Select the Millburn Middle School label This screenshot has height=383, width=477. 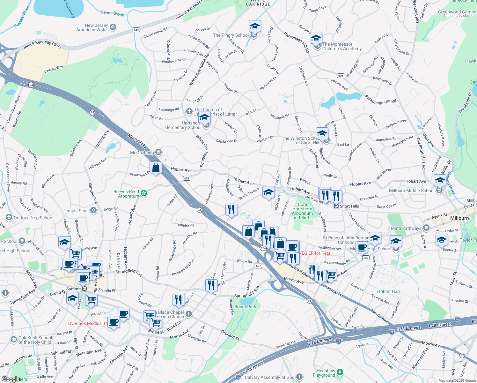pyautogui.click(x=412, y=191)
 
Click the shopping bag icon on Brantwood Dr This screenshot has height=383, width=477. pyautogui.click(x=156, y=168)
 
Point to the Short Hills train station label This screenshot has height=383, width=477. pyautogui.click(x=349, y=206)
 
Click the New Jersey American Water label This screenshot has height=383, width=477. pyautogui.click(x=92, y=27)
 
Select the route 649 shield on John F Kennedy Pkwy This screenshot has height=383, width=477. pyautogui.click(x=136, y=30)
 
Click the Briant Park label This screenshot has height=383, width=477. pyautogui.click(x=245, y=307)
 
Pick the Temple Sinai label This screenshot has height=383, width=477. pyautogui.click(x=76, y=211)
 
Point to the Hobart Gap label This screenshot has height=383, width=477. pyautogui.click(x=388, y=291)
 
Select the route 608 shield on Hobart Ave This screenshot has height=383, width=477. pyautogui.click(x=187, y=178)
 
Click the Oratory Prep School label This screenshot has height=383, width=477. pyautogui.click(x=33, y=218)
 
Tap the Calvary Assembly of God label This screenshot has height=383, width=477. pyautogui.click(x=269, y=377)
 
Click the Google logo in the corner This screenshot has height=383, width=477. pyautogui.click(x=11, y=379)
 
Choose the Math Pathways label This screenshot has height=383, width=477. pyautogui.click(x=406, y=228)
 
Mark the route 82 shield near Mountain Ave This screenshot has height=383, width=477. pyautogui.click(x=462, y=355)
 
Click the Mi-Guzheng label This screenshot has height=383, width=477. pyautogui.click(x=142, y=153)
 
